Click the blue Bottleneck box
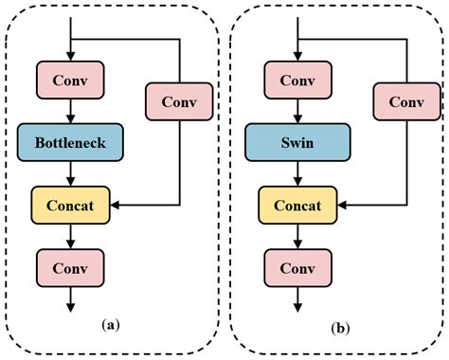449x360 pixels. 71,143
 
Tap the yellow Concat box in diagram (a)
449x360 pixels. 71,203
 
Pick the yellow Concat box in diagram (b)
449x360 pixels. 298,203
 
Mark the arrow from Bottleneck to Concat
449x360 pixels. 71,173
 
